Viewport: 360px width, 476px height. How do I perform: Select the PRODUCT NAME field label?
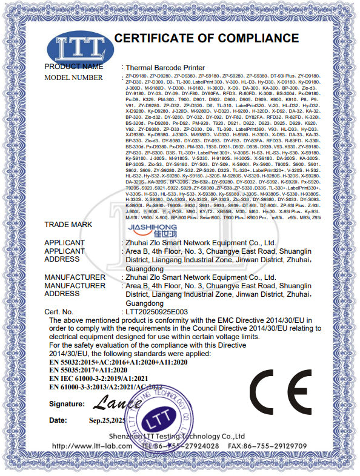pyautogui.click(x=74, y=66)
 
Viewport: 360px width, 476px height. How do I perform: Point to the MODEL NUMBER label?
pyautogui.click(x=74, y=78)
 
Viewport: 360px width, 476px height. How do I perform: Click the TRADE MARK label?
pyautogui.click(x=68, y=224)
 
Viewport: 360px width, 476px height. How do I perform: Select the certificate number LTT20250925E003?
pyautogui.click(x=156, y=311)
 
